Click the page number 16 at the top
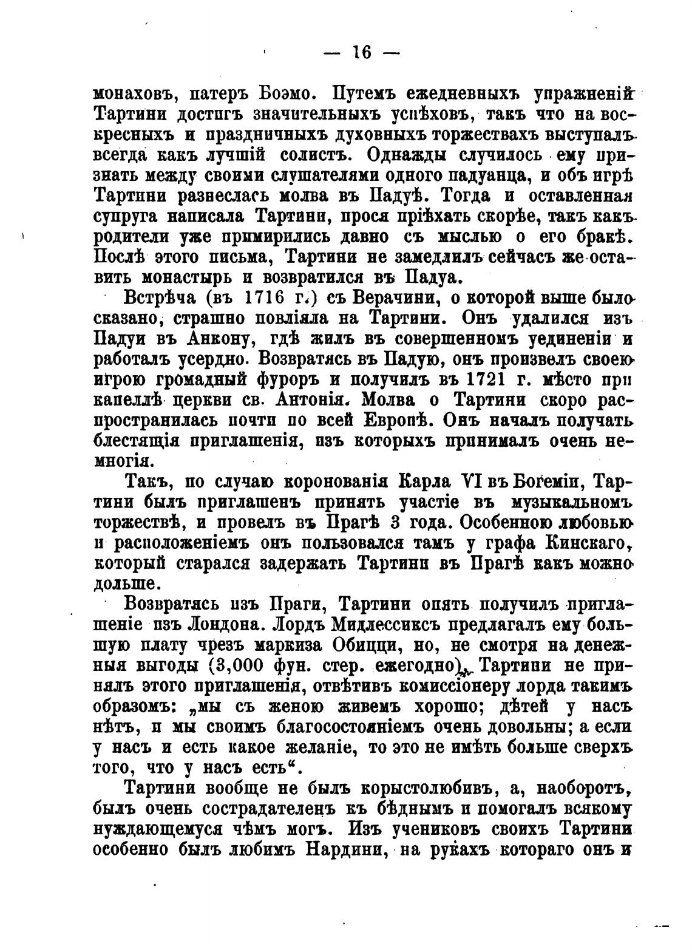point(362,53)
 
